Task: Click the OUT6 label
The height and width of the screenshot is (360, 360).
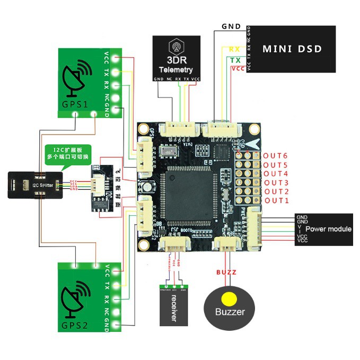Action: tap(276, 155)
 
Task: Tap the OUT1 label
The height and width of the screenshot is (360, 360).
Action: tap(276, 200)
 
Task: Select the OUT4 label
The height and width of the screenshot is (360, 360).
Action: tap(276, 173)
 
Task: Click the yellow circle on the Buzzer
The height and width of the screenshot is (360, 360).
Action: tap(229, 298)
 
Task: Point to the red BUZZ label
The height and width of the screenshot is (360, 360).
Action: tap(225, 272)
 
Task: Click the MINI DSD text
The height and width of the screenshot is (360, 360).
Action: tap(292, 49)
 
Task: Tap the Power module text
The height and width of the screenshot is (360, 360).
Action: tap(329, 229)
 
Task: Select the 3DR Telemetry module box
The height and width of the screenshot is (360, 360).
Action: tap(177, 58)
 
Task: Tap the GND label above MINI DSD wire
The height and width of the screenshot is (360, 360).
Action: tap(231, 27)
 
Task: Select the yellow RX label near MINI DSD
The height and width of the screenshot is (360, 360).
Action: tap(235, 49)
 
